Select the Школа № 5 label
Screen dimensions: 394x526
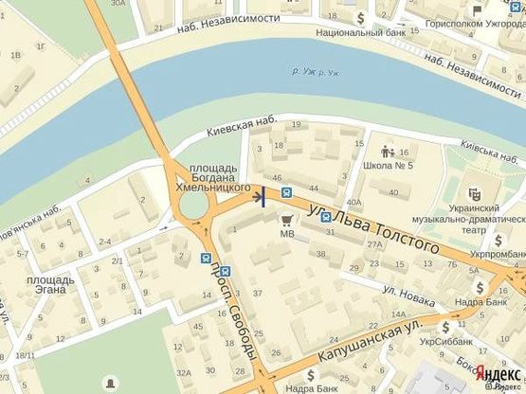(389, 166)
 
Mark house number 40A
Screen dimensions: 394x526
(354, 202)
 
